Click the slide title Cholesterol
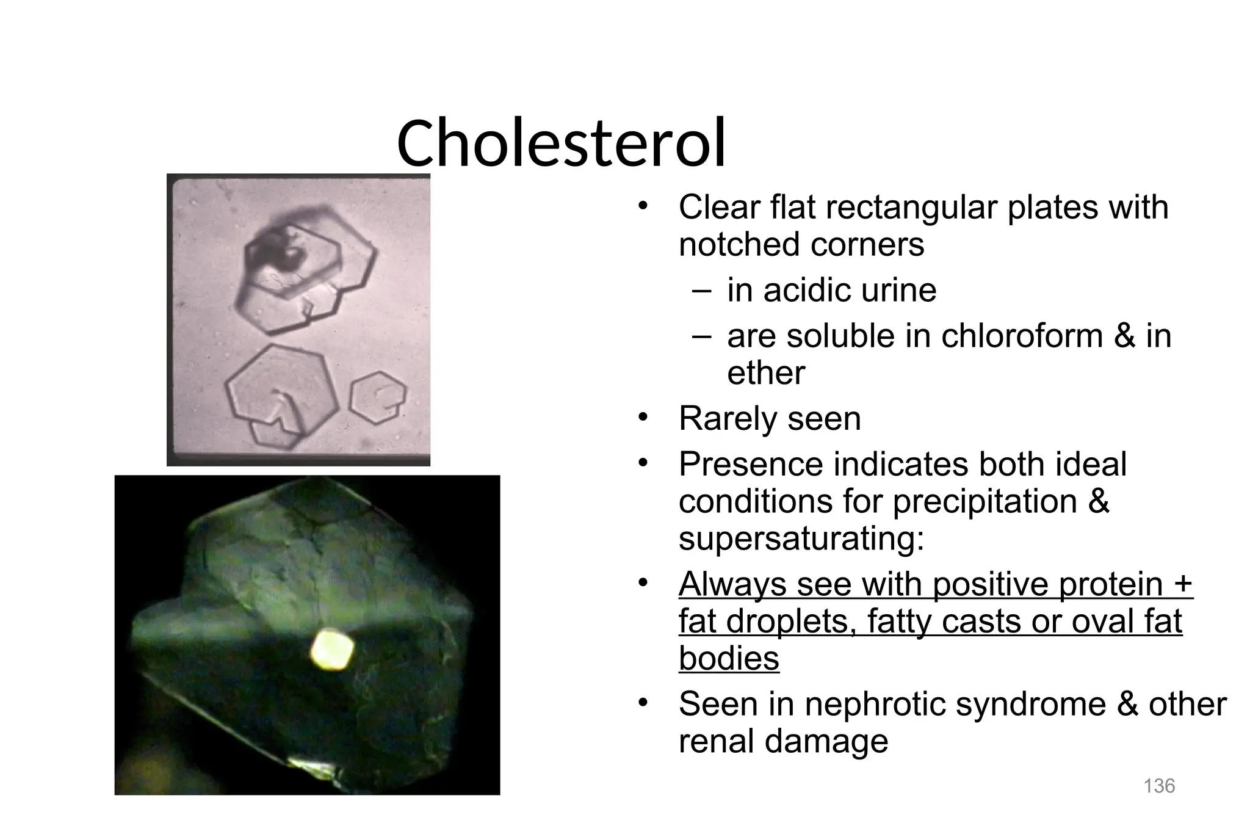pyautogui.click(x=561, y=143)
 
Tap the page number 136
pyautogui.click(x=1159, y=786)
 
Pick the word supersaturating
pyautogui.click(x=801, y=538)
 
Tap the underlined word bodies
pyautogui.click(x=729, y=658)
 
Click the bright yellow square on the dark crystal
pyautogui.click(x=332, y=650)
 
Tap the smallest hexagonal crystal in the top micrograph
pyautogui.click(x=377, y=396)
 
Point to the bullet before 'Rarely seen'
pyautogui.click(x=642, y=418)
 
